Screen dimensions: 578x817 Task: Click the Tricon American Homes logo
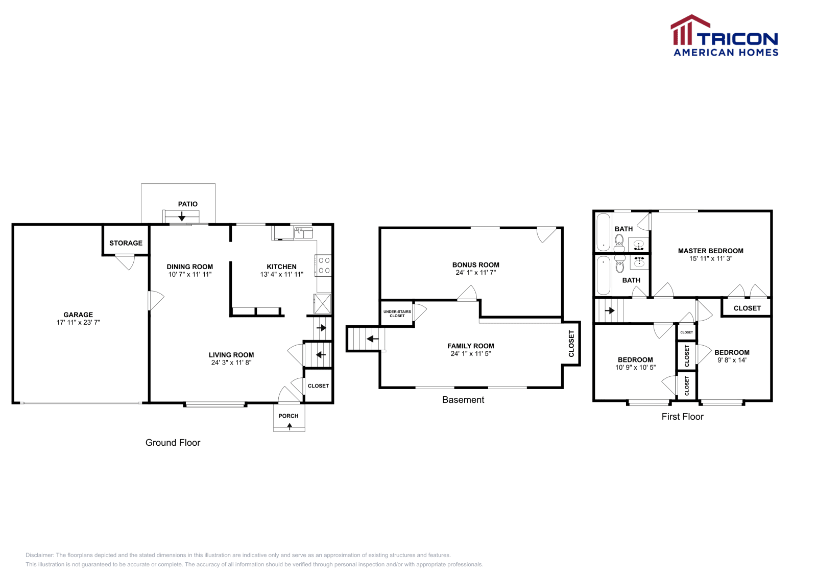(725, 36)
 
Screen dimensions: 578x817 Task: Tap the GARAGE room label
(78, 315)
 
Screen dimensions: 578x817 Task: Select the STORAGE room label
(126, 243)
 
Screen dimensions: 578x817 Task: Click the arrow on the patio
(182, 216)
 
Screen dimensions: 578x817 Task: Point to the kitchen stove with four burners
(324, 265)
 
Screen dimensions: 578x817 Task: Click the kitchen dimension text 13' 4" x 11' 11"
(281, 274)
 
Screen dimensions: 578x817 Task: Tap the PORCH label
(289, 416)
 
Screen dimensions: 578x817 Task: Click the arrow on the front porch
(290, 426)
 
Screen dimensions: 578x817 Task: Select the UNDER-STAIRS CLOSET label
(397, 314)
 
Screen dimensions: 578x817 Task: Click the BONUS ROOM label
(475, 264)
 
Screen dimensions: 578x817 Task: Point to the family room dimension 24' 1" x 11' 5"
(470, 353)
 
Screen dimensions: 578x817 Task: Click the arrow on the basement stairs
(373, 339)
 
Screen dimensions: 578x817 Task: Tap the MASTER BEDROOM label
(710, 251)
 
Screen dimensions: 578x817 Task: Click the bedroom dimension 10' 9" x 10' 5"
(635, 367)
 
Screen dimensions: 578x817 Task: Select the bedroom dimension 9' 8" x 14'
(732, 360)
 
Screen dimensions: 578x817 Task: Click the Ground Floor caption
(173, 443)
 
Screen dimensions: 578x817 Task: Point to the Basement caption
(463, 400)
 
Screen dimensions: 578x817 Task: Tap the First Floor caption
(682, 417)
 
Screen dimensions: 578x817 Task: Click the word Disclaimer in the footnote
(39, 555)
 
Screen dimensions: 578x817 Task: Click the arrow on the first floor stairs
(610, 310)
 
